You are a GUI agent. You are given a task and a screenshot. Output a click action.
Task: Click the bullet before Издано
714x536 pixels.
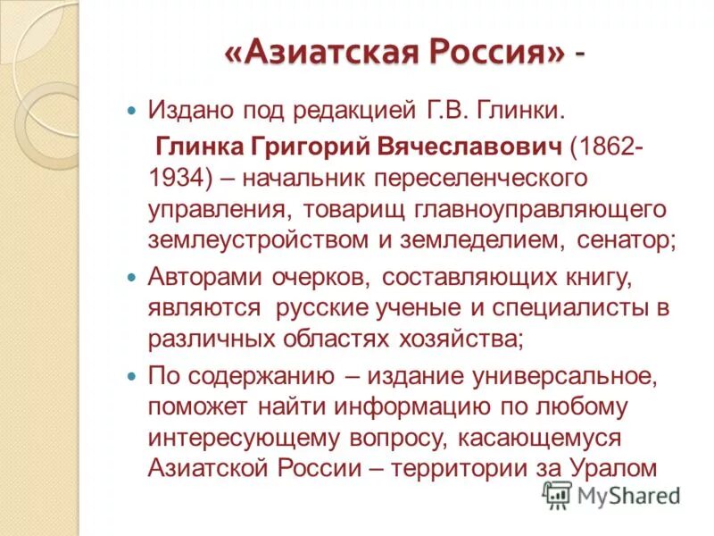tap(132, 113)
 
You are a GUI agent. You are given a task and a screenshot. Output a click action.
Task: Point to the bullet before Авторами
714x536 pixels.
tap(132, 278)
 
